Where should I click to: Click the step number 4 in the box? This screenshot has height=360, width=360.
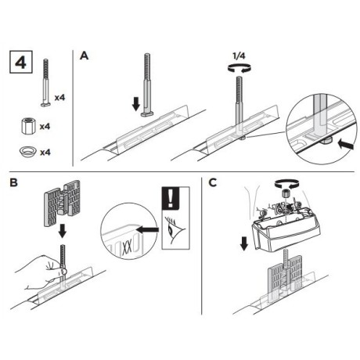(x=22, y=62)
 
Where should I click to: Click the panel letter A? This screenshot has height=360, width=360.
(x=85, y=56)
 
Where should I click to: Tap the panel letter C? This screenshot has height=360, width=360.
(x=214, y=185)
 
